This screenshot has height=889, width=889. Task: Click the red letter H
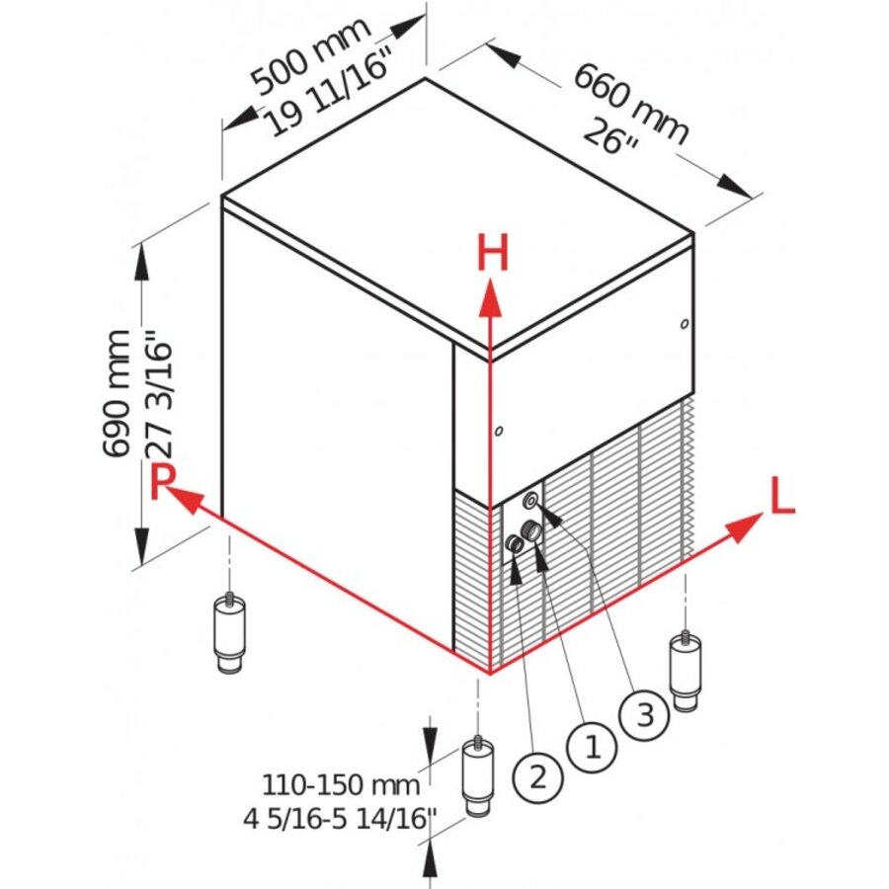492,255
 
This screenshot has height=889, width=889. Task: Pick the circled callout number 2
537,776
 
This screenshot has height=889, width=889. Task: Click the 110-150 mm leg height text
341,786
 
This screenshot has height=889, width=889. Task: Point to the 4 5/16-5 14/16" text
341,818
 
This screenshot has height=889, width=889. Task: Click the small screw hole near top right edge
684,322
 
